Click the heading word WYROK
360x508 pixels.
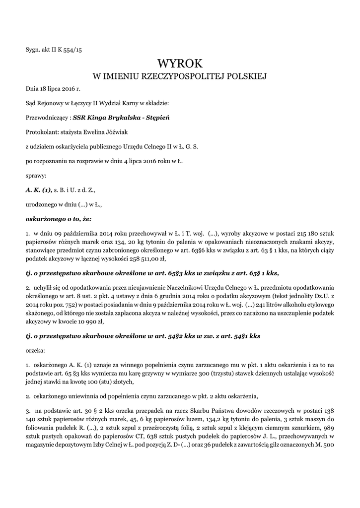[x=180, y=63]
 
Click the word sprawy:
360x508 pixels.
[x=36, y=175]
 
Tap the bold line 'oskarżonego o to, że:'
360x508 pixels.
[x=59, y=218]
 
